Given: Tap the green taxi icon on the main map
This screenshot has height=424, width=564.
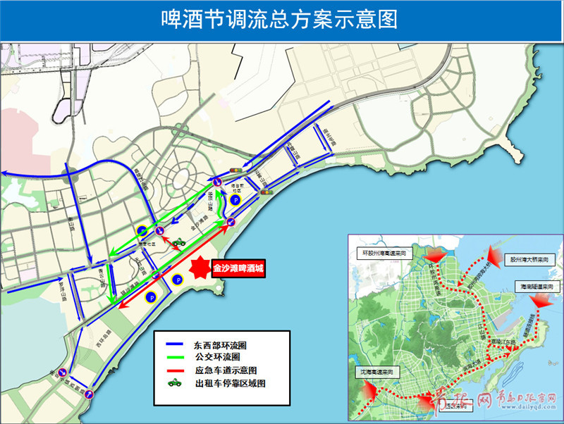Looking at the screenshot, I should [x=179, y=242].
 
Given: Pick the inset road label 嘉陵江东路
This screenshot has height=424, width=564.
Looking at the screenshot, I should [x=507, y=343].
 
